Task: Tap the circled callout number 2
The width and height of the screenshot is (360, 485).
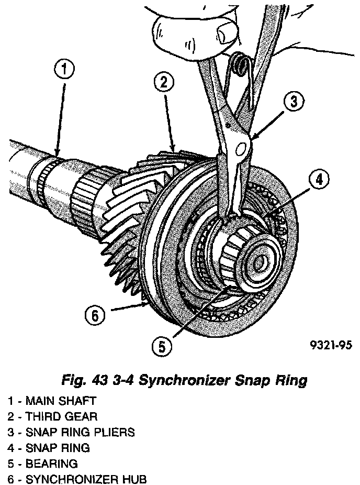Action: (164, 82)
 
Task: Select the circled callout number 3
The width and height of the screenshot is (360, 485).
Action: (294, 101)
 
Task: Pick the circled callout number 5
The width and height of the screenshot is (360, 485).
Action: (162, 345)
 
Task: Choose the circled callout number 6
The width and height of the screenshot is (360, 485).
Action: (94, 315)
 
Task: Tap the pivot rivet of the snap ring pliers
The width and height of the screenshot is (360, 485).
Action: (241, 149)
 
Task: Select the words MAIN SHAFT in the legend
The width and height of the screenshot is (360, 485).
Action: (61, 402)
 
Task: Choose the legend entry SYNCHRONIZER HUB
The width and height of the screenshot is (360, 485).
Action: (86, 479)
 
